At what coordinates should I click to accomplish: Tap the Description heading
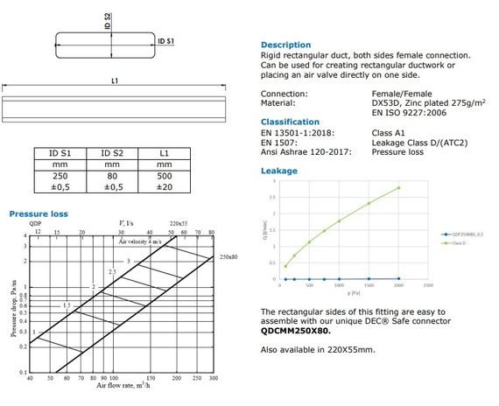tap(285, 45)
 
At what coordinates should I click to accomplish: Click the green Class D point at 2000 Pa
tap(398, 188)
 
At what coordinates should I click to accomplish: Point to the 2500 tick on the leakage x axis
tap(427, 285)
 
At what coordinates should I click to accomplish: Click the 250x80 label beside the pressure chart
tap(229, 257)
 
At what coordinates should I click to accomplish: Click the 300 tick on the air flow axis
tap(213, 377)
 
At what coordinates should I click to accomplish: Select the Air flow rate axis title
tap(121, 385)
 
